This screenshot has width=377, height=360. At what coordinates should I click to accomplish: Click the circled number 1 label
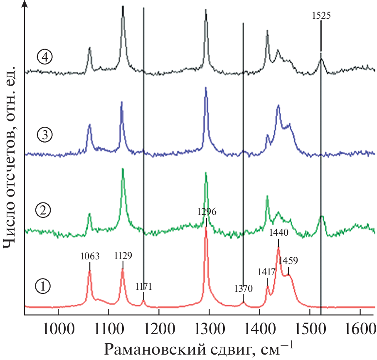point(43,286)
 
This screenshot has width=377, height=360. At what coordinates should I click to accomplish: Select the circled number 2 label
point(43,211)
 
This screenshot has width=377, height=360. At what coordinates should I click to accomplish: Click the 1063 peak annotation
point(90,256)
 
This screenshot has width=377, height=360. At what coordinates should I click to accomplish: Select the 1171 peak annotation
point(144,286)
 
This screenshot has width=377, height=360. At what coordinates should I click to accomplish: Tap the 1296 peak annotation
point(207,212)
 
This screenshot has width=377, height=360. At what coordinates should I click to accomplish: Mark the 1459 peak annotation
point(288,261)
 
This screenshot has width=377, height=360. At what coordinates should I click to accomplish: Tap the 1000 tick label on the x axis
point(58,322)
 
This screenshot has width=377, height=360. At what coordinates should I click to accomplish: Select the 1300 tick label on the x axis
point(209,322)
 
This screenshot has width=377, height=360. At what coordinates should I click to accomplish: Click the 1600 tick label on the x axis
point(360,322)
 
